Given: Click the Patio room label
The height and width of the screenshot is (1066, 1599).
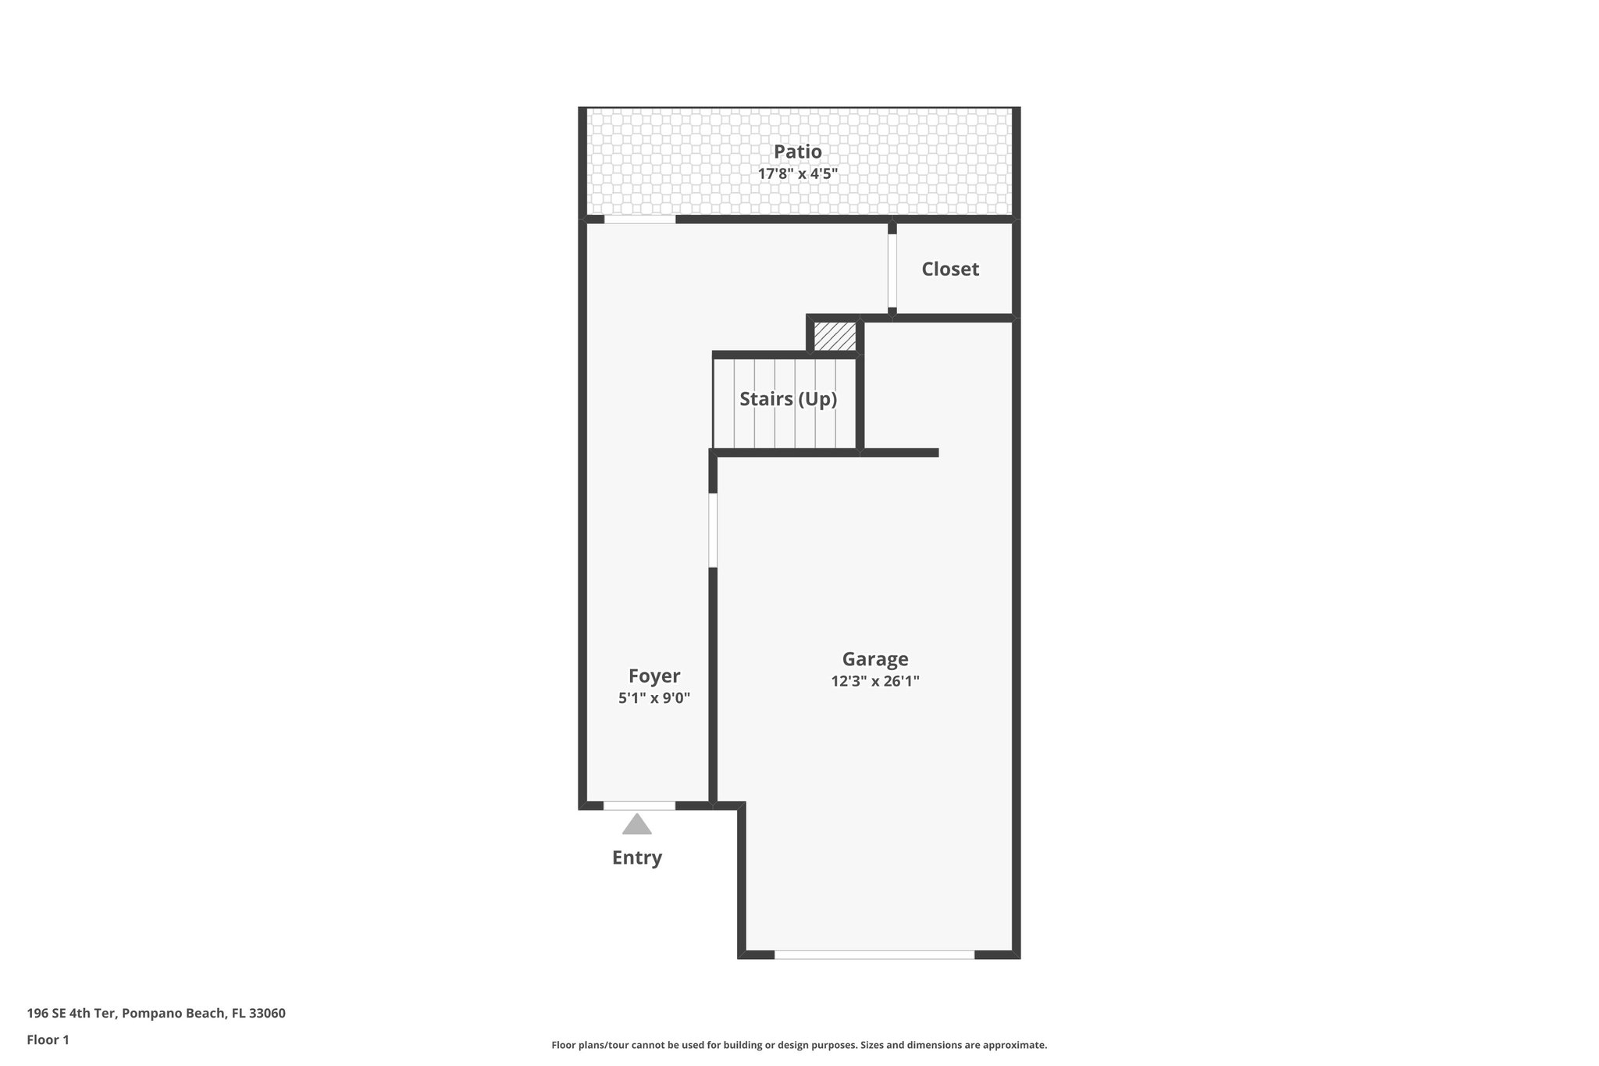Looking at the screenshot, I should (x=797, y=152).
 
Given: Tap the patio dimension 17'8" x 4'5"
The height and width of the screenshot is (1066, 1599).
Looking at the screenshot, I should (x=797, y=173).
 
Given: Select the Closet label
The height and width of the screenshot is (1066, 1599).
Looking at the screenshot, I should (x=949, y=269).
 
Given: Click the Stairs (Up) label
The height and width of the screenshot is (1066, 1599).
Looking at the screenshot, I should (x=788, y=399).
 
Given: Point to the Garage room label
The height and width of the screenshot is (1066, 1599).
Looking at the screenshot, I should (x=874, y=659).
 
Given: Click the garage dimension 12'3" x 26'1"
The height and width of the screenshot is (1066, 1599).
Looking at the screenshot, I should (x=874, y=681).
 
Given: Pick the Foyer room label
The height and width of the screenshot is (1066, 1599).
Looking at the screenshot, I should (x=653, y=676).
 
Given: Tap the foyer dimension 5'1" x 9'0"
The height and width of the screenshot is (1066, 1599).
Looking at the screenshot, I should (x=653, y=698).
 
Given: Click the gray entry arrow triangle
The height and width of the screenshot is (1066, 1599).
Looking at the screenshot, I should (x=636, y=825).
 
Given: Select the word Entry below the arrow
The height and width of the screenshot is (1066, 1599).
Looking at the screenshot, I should (x=636, y=857).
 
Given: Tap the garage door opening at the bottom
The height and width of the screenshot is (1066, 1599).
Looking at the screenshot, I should (x=874, y=954).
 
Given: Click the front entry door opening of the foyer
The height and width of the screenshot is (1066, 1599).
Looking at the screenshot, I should (x=639, y=805).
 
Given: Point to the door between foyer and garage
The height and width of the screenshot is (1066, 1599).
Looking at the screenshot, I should (x=713, y=529).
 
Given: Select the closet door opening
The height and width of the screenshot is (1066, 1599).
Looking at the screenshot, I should (x=892, y=270).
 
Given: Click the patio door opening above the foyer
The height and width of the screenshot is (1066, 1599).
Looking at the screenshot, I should (x=639, y=219).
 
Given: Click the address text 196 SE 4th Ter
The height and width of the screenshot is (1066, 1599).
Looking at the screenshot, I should (x=72, y=1014).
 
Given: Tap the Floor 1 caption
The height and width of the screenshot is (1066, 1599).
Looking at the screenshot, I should (x=48, y=1039).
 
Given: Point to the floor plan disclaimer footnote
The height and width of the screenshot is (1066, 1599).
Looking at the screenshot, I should (x=799, y=1045).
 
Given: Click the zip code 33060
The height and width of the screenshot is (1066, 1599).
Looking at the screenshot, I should (x=266, y=1014).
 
